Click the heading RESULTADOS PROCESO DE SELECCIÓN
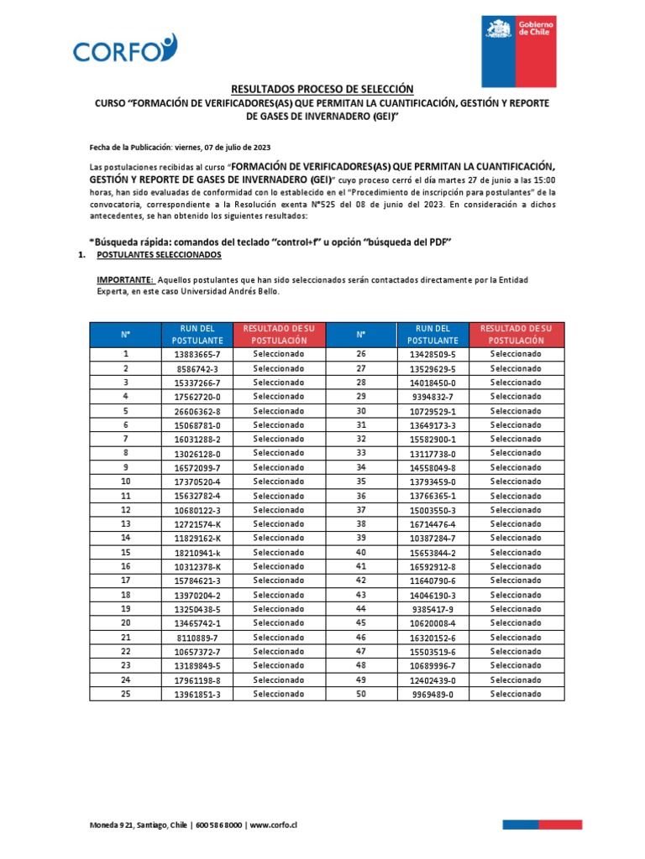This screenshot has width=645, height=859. point(322,89)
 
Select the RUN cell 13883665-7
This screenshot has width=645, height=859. point(197,354)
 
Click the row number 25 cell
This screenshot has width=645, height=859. point(125,694)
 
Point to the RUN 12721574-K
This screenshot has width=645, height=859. point(197,523)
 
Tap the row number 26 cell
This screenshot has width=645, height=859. point(361,354)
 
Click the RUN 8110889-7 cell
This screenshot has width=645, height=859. point(197,638)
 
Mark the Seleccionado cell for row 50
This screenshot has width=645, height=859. point(516,694)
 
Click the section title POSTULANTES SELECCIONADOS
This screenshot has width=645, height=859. point(160,254)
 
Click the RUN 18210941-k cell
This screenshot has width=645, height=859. point(197,552)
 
